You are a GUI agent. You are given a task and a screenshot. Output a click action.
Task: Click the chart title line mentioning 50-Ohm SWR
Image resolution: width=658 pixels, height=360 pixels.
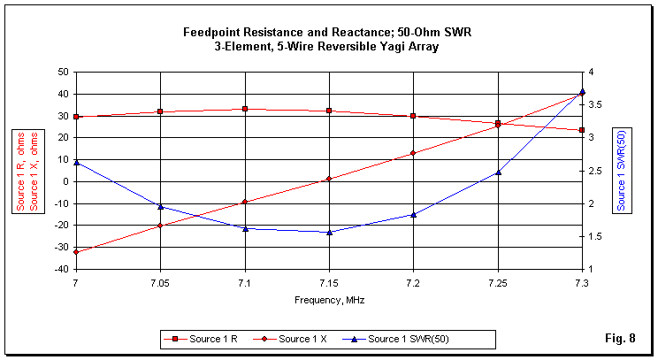(x=327, y=33)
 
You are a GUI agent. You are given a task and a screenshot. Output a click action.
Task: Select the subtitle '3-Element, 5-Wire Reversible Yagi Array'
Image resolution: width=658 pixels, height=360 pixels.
(x=327, y=47)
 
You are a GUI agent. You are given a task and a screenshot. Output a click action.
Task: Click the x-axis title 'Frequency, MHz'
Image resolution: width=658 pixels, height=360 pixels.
(x=329, y=300)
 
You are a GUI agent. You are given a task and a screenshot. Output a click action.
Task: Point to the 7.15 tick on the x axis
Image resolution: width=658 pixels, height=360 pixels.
(x=329, y=282)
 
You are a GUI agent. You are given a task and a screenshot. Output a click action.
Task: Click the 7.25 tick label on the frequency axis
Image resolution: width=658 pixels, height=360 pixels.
(x=498, y=282)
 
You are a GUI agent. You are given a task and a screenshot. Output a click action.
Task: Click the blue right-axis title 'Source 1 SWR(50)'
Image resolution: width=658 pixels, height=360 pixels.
(x=622, y=171)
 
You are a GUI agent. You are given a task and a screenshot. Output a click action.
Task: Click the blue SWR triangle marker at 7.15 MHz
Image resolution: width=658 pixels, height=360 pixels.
(x=329, y=233)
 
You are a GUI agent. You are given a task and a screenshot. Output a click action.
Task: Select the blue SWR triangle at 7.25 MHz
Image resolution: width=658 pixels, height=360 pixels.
(x=498, y=172)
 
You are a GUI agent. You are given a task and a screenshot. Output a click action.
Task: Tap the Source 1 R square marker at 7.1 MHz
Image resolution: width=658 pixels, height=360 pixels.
(x=245, y=109)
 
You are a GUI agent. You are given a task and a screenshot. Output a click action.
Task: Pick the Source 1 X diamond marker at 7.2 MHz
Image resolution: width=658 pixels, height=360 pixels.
(x=413, y=153)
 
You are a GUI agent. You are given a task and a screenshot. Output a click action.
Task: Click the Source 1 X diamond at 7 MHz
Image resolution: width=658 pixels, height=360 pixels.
(x=76, y=252)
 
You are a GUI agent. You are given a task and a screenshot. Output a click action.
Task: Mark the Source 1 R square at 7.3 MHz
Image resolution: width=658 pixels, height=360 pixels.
(x=582, y=130)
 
